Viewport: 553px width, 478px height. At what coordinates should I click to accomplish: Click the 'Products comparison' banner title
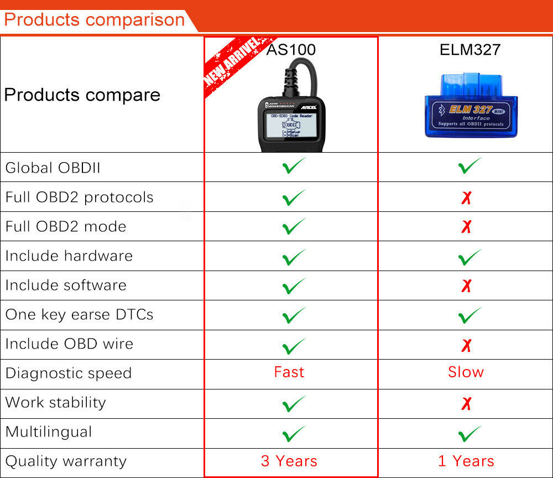94,20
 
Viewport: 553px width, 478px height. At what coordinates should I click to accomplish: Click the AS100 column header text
291,50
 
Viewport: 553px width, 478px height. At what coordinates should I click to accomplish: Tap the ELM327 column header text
470,50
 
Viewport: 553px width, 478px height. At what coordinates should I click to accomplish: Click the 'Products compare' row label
82,95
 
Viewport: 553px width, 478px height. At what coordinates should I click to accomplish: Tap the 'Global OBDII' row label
53,168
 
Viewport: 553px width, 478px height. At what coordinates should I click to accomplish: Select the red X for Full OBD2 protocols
466,198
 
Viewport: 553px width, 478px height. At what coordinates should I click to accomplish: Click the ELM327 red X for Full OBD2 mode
466,227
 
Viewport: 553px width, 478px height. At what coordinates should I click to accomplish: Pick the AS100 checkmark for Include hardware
294,256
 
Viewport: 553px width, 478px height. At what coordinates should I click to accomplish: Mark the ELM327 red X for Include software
466,285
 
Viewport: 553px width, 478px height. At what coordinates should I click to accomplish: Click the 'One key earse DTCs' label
79,314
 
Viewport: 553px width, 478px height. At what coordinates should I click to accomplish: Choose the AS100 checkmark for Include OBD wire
294,345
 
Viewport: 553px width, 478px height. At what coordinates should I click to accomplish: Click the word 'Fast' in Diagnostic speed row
289,372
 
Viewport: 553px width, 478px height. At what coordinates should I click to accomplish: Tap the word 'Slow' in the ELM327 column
466,372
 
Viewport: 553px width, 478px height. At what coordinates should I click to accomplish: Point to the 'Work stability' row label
55,402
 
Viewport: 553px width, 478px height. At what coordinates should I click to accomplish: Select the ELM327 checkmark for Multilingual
470,433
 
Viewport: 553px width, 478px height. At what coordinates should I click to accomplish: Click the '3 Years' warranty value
289,461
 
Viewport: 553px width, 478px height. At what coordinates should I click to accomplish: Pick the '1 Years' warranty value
466,461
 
